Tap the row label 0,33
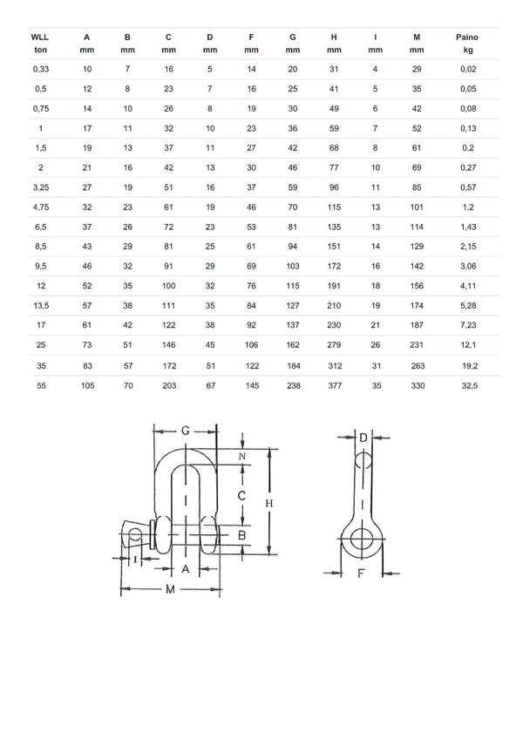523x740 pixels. click(41, 69)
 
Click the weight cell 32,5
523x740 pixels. click(468, 385)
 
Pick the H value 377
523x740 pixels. click(334, 385)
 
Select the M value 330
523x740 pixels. click(418, 385)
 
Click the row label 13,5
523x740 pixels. click(41, 306)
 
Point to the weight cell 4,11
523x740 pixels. click(468, 286)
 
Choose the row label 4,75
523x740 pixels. click(41, 207)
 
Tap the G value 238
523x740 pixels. click(293, 385)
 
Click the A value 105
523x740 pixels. click(85, 385)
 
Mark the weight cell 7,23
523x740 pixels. click(468, 326)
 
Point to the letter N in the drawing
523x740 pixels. click(241, 456)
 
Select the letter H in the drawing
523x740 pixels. click(268, 503)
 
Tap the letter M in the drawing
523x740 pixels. click(171, 590)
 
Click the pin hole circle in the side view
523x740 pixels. click(358, 542)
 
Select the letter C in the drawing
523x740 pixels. click(241, 494)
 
